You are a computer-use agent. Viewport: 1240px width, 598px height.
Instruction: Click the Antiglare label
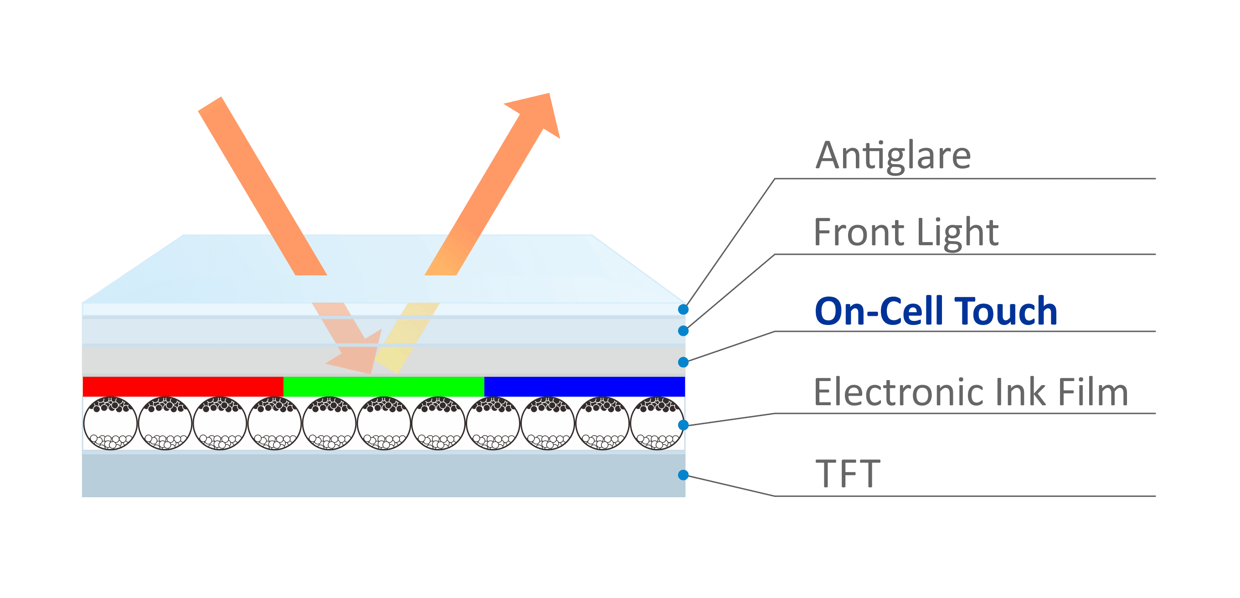[893, 156]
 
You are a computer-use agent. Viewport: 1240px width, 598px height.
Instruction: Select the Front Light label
[906, 232]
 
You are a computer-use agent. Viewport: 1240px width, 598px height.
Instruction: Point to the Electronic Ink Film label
[970, 392]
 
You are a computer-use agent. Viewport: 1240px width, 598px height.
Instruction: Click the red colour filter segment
[183, 387]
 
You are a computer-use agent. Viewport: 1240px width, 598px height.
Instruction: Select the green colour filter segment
[384, 387]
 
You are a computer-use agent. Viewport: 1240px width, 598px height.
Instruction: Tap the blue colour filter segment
[584, 387]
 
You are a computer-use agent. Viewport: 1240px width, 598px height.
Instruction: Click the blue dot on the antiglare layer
[683, 309]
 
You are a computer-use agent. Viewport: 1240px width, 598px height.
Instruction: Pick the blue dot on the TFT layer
[683, 475]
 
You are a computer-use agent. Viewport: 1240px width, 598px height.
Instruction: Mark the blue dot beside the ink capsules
[683, 425]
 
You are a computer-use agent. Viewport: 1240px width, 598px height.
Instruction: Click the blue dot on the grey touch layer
[683, 362]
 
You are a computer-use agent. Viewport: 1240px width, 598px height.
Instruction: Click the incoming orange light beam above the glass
[262, 186]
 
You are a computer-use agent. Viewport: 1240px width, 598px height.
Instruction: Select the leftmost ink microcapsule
[110, 423]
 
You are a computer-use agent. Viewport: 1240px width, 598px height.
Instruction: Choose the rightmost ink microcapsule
[657, 423]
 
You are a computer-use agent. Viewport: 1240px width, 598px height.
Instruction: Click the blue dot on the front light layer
[683, 331]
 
